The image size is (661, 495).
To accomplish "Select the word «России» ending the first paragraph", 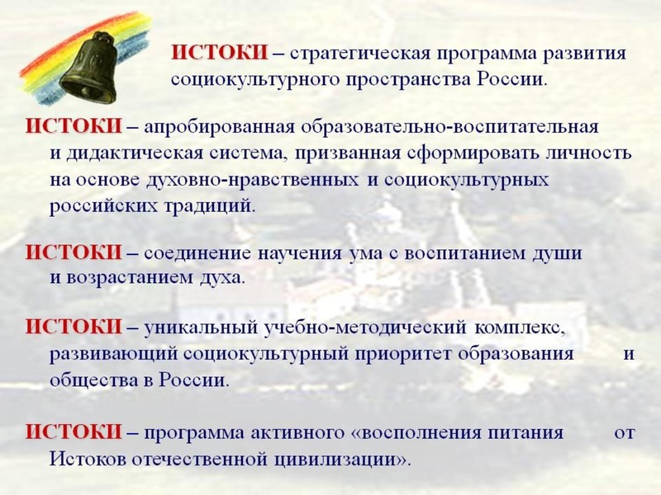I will click(516, 80).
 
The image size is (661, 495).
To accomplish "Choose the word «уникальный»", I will click(196, 328).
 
